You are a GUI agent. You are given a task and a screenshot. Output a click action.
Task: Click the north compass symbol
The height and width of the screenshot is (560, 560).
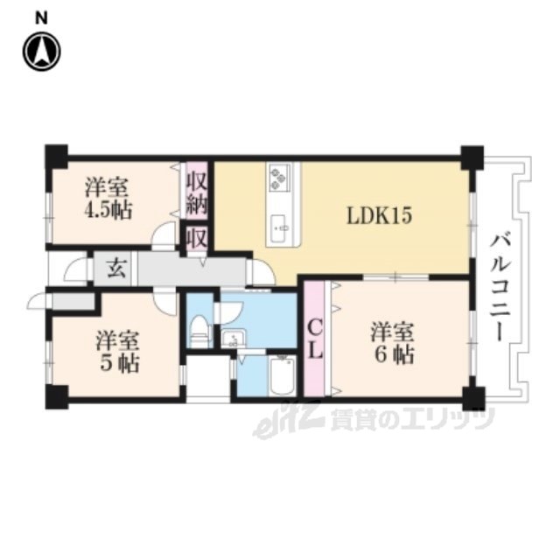[41, 52]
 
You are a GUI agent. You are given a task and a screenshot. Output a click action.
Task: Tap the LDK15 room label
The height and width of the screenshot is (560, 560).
[379, 216]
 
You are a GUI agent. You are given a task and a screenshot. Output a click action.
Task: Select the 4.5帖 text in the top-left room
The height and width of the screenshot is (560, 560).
[108, 210]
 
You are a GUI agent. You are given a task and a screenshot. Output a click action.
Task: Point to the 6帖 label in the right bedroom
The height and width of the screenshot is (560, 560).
[394, 354]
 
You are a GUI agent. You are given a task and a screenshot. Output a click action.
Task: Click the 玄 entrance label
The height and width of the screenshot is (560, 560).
[116, 269]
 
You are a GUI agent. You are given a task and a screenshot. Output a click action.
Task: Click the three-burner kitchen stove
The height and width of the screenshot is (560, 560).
[279, 177]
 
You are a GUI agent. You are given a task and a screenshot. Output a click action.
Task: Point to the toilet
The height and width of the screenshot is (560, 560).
[199, 331]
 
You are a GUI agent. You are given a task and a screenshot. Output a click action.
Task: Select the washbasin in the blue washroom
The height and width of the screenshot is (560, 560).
[234, 338]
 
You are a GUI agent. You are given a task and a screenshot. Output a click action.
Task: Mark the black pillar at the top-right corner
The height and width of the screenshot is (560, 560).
[472, 157]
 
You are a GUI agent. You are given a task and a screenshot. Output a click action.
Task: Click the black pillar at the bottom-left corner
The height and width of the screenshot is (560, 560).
[56, 397]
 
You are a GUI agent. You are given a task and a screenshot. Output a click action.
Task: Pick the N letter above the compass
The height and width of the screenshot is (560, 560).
[41, 19]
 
